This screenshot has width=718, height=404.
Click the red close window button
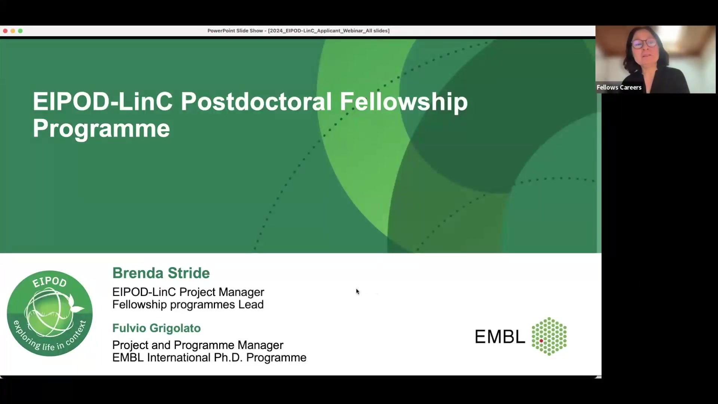pyautogui.click(x=5, y=31)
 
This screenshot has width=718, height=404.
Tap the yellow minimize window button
pyautogui.click(x=13, y=31)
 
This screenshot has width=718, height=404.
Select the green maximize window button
pyautogui.click(x=20, y=31)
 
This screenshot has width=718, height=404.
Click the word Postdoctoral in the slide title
pyautogui.click(x=256, y=102)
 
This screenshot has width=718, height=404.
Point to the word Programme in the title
pyautogui.click(x=101, y=129)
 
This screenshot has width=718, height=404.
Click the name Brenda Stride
pyautogui.click(x=161, y=273)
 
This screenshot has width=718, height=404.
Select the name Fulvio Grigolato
pyautogui.click(x=156, y=328)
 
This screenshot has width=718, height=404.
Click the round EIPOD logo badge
pyautogui.click(x=50, y=313)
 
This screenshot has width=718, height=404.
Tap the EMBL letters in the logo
pyautogui.click(x=500, y=337)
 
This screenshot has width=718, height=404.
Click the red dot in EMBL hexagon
pyautogui.click(x=541, y=341)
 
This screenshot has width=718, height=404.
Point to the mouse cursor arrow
pyautogui.click(x=358, y=291)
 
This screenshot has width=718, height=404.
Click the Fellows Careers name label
pyautogui.click(x=619, y=88)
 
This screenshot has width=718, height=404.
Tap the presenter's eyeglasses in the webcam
pyautogui.click(x=644, y=43)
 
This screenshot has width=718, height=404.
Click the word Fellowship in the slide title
pyautogui.click(x=404, y=102)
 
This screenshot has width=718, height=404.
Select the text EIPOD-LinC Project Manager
pyautogui.click(x=188, y=292)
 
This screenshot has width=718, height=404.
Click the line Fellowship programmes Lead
pyautogui.click(x=188, y=304)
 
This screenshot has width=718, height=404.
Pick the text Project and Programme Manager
pyautogui.click(x=197, y=345)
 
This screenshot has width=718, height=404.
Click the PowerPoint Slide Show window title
pyautogui.click(x=298, y=31)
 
